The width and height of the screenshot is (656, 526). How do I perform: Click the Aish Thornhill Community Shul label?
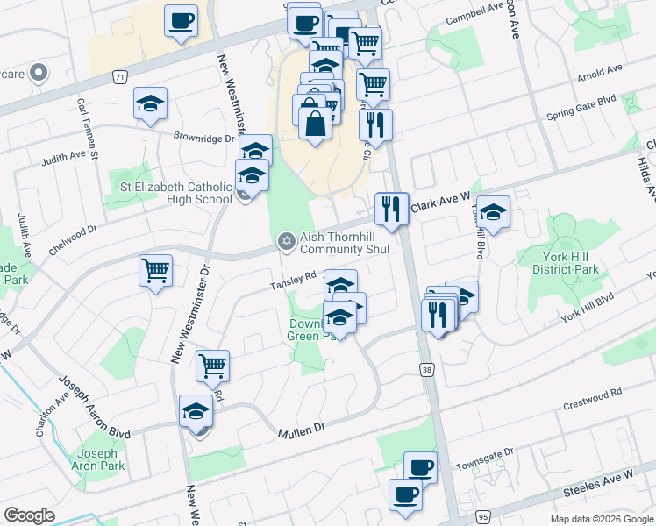tap(345, 243)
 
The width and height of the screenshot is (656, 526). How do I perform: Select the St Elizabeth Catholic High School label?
tap(175, 193)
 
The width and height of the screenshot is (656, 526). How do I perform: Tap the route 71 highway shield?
tap(118, 77)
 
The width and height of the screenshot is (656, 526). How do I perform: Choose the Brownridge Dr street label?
tap(204, 139)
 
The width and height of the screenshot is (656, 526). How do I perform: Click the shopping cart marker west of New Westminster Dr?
tap(155, 270)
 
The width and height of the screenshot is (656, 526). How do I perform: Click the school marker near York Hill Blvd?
tap(493, 211)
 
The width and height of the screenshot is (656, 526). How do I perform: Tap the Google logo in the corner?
tap(30, 515)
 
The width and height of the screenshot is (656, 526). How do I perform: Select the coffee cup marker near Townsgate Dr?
tap(420, 466)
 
